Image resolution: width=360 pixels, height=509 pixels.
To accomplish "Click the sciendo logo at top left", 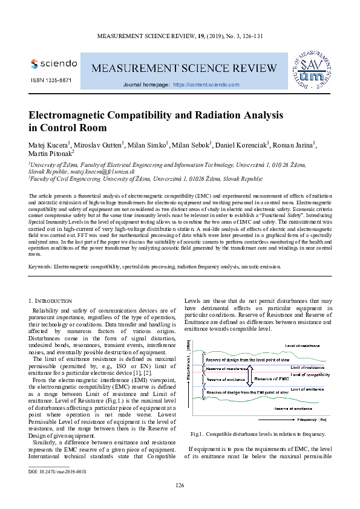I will [53, 63].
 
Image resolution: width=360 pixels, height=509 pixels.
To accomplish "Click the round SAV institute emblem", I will [312, 68].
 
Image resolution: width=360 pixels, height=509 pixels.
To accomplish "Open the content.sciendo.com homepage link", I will [206, 85].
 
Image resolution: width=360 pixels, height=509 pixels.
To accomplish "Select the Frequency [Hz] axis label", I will [312, 419].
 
